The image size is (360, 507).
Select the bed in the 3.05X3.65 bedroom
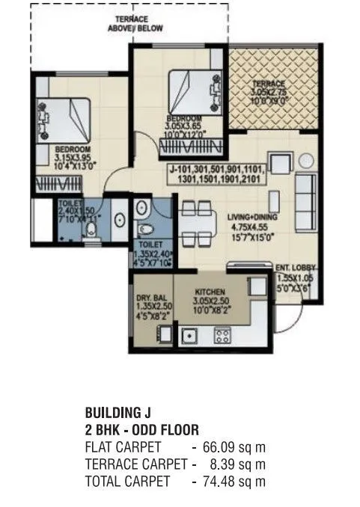click(x=190, y=90)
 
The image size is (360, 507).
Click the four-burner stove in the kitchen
click(x=222, y=337)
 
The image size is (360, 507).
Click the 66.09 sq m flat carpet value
click(x=234, y=447)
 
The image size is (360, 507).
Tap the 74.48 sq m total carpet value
click(x=234, y=482)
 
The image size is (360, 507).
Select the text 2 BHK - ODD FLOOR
click(x=142, y=430)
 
